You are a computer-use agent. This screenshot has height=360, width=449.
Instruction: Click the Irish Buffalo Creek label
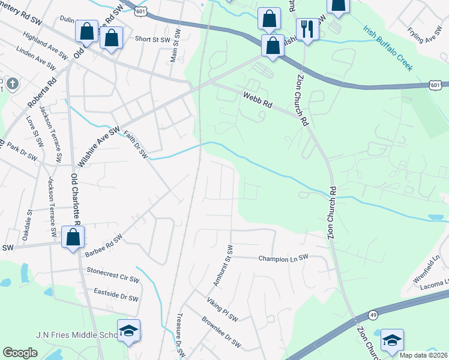click(388, 47)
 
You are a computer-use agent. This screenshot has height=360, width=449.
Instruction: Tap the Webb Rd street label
click(258, 100)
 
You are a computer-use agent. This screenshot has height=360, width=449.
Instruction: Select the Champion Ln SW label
click(283, 258)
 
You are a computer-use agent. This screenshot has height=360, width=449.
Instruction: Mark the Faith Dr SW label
click(136, 145)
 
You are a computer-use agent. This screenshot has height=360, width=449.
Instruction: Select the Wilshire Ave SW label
click(99, 146)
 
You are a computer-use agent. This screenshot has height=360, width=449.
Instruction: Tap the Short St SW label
click(151, 38)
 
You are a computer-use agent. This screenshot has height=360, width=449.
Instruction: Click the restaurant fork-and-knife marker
click(307, 29)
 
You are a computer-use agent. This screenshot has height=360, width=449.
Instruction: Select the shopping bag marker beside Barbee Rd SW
click(73, 236)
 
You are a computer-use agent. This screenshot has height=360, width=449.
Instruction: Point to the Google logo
click(20, 353)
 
